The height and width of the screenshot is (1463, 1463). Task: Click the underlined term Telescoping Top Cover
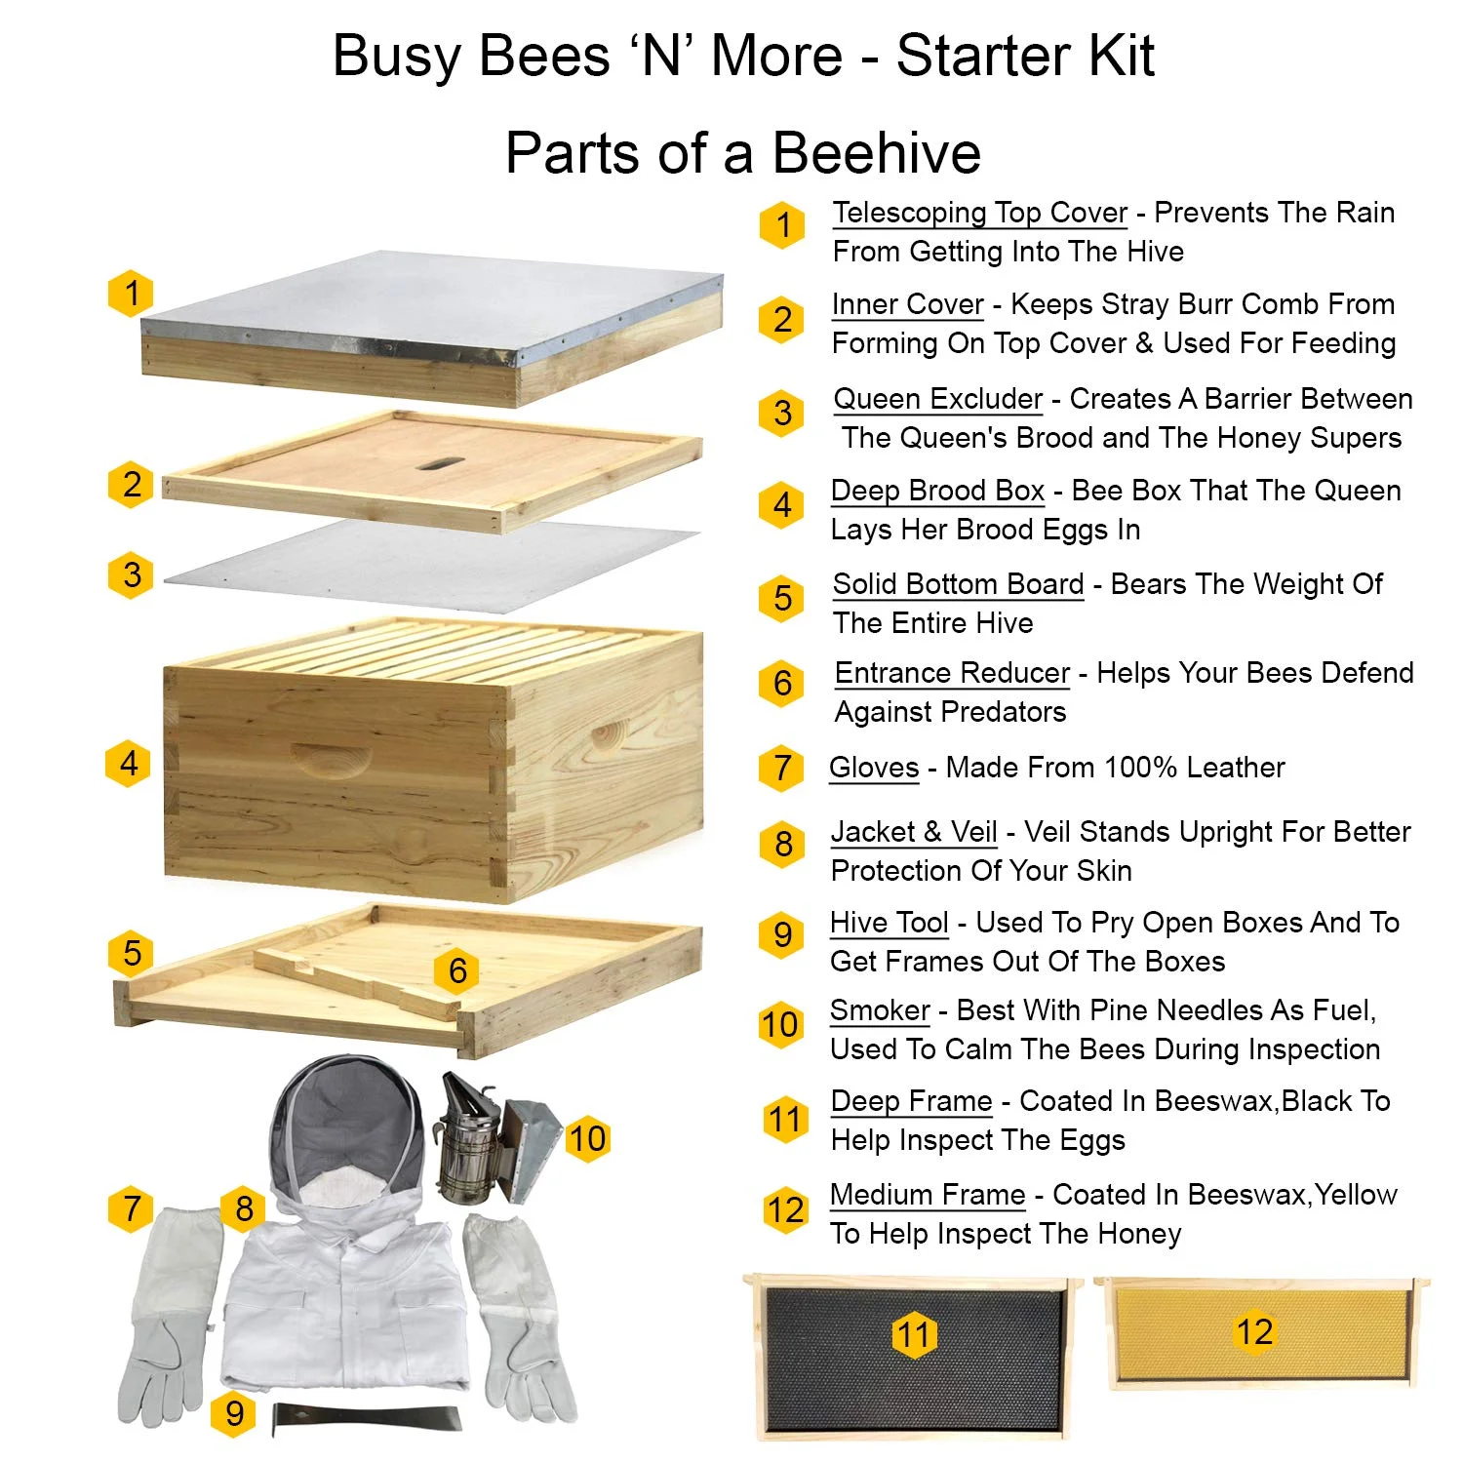click(979, 213)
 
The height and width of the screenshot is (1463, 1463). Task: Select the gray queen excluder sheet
click(429, 566)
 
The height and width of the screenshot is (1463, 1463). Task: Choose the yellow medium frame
click(1258, 1331)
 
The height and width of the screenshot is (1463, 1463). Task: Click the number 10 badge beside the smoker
click(587, 1138)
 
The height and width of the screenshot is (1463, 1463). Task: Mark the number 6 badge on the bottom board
click(457, 970)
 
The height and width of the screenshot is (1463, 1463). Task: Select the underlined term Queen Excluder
click(937, 399)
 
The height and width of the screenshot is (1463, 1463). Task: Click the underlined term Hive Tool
click(889, 923)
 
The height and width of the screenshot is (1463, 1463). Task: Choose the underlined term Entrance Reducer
click(952, 673)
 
